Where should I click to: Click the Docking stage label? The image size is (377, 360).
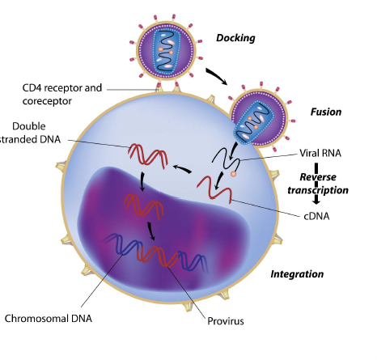[235, 38]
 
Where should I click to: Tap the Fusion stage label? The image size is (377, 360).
[326, 112]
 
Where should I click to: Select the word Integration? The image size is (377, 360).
[297, 274]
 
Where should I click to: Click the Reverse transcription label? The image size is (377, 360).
[318, 184]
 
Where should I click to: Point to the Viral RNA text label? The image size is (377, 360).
[320, 153]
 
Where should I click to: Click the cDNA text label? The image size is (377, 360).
[316, 216]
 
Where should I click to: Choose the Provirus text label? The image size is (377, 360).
[226, 321]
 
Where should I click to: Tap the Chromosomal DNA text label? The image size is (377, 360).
[49, 319]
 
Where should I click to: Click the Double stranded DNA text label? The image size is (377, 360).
[30, 133]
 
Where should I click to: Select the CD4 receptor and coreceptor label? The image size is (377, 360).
[62, 95]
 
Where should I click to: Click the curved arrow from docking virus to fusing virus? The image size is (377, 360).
[217, 76]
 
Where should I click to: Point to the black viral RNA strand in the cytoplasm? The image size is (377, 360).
[226, 159]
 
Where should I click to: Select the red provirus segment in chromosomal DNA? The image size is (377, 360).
[157, 256]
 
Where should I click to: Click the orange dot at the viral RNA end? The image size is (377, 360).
[233, 174]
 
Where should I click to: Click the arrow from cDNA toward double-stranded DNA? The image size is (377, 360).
[182, 168]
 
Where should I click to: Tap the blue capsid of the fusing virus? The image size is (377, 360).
[254, 122]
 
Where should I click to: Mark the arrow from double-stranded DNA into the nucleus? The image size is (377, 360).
[142, 180]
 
